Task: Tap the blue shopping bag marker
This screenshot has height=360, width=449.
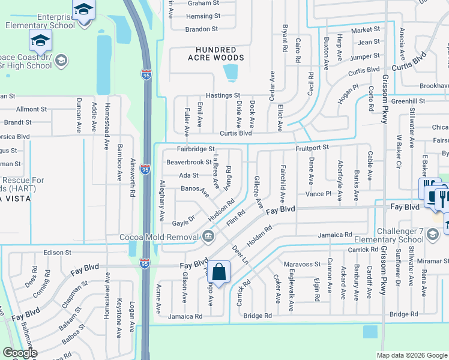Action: [220, 272]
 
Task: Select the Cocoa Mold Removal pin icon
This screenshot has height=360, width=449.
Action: [208, 236]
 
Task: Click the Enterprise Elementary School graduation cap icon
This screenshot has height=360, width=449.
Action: [83, 10]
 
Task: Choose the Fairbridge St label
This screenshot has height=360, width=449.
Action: [195, 149]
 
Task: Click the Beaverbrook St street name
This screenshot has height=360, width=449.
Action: [189, 162]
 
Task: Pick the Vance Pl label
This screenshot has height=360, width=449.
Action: [319, 194]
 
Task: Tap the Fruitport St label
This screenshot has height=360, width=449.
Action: [312, 147]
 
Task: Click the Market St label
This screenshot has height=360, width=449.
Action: [366, 29]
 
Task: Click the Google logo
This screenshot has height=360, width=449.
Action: [20, 353]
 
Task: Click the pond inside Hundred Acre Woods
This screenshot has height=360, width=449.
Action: [229, 73]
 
